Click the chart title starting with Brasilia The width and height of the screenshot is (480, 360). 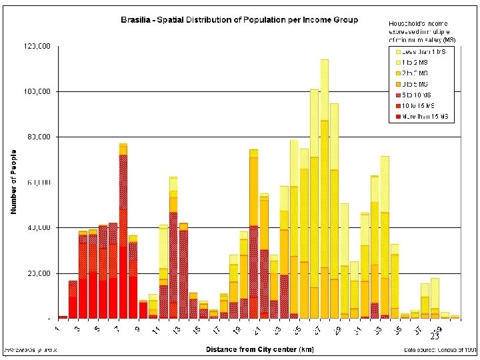pyautogui.click(x=239, y=20)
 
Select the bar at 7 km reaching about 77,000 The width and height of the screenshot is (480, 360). pyautogui.click(x=123, y=233)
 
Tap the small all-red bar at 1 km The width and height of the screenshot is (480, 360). pyautogui.click(x=63, y=317)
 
